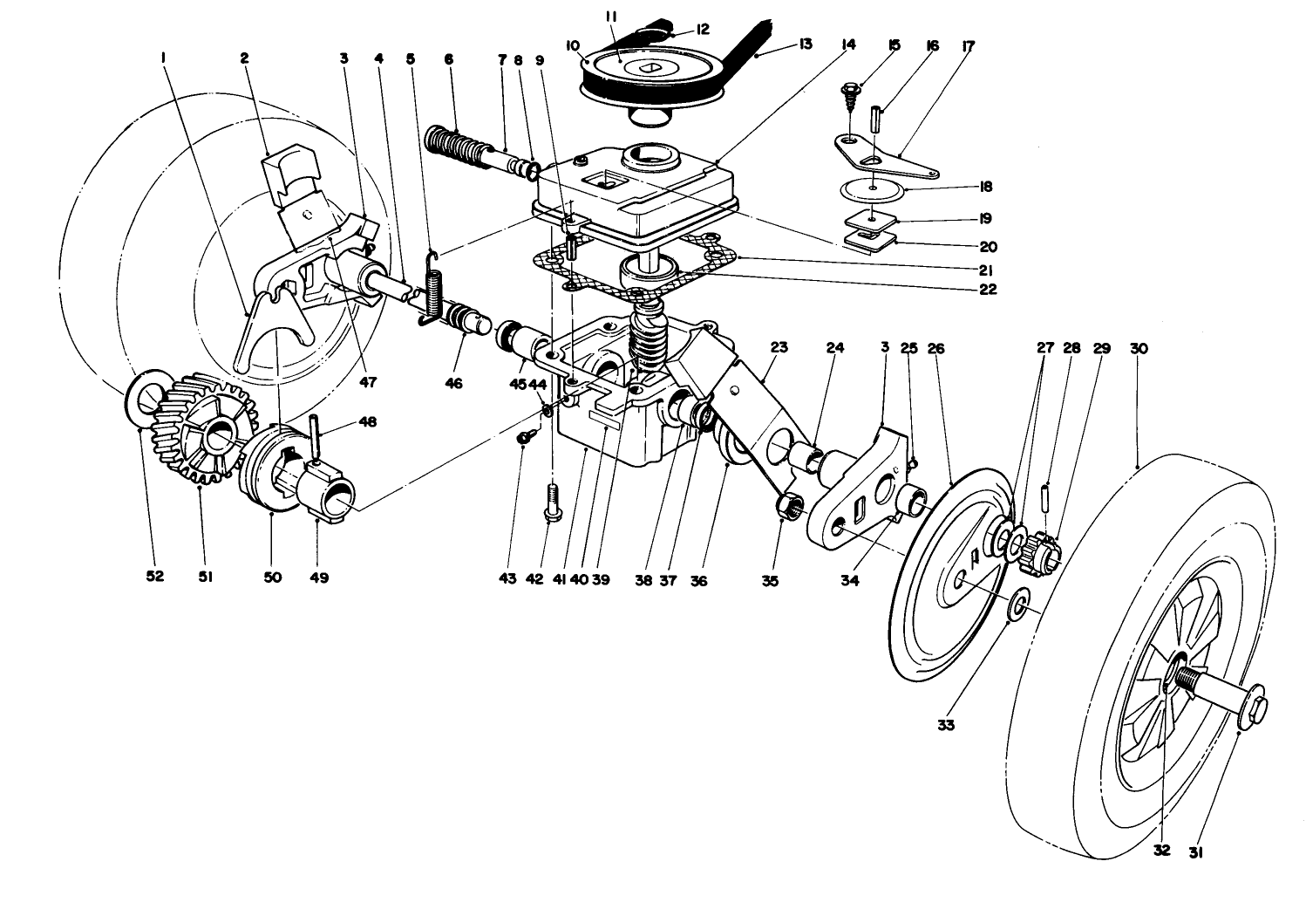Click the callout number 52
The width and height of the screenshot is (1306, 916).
[155, 577]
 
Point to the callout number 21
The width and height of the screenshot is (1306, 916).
[987, 269]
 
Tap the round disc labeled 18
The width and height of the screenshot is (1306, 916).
[873, 188]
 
